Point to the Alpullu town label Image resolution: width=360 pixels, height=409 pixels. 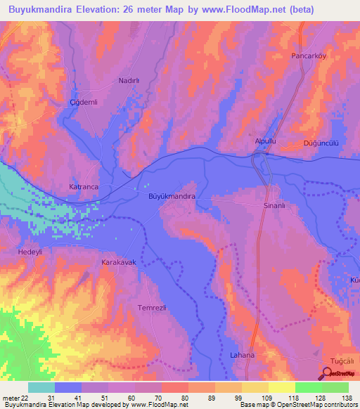pos(267,141)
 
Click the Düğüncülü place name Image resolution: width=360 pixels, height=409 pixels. pos(321,143)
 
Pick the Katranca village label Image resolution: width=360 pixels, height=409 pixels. pos(84,187)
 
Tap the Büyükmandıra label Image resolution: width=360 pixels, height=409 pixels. pos(172,197)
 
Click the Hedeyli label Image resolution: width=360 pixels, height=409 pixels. pos(31,251)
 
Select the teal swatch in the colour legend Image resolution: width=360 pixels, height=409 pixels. pos(41,387)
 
